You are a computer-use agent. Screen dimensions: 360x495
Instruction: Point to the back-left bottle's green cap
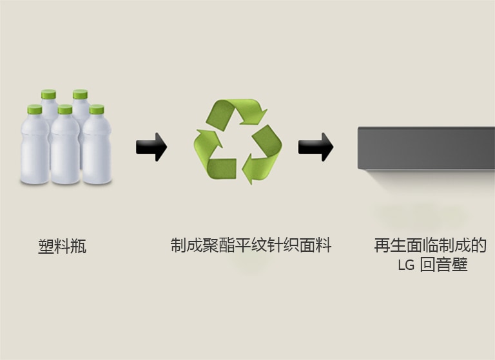pos(48,95)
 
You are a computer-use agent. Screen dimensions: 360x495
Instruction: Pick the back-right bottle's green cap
pos(80,95)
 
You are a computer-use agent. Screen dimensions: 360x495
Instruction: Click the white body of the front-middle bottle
pos(64,151)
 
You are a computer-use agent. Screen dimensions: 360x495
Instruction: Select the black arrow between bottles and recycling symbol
pos(151,147)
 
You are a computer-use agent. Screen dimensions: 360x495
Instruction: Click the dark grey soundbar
pos(426,148)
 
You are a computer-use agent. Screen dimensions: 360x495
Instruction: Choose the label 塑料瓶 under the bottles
pos(62,247)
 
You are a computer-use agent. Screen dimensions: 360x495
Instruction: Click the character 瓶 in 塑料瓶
pos(78,247)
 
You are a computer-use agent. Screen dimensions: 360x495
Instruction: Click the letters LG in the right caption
pos(406,265)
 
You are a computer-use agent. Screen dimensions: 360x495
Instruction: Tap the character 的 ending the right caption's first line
pos(478,245)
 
